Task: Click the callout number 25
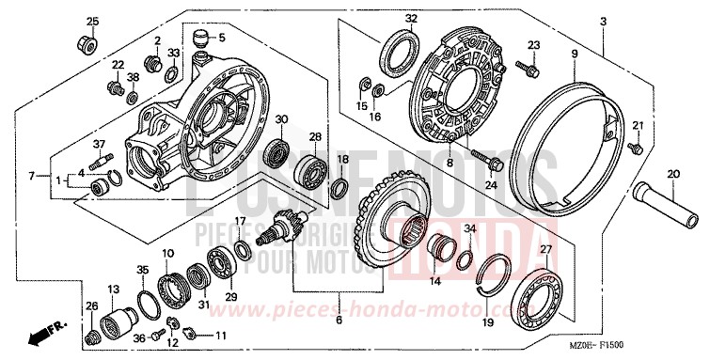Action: point(92,22)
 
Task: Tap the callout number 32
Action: point(411,19)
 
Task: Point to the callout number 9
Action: point(573,55)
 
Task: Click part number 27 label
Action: point(544,248)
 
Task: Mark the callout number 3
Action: point(604,21)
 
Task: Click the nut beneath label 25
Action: point(82,42)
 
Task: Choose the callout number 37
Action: point(97,143)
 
